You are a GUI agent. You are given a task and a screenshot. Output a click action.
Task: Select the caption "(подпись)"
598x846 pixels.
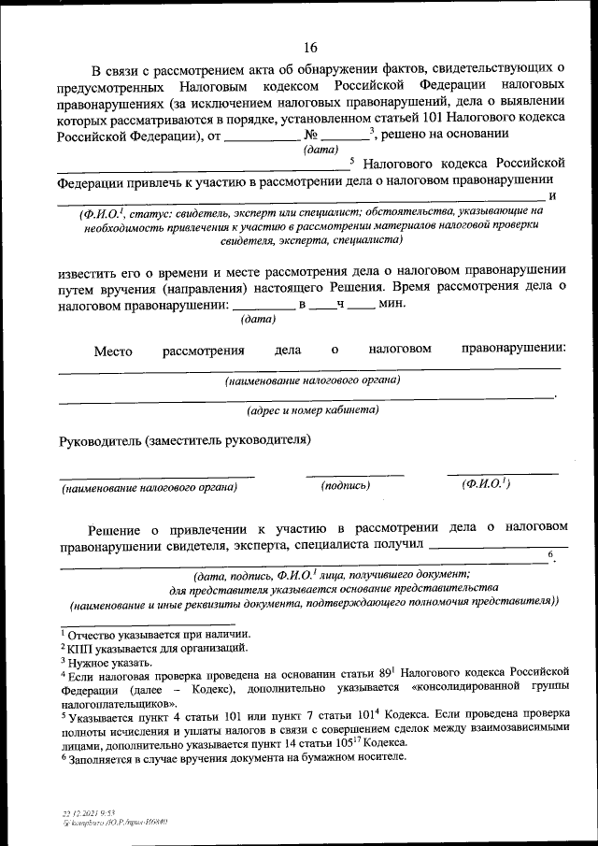[x=346, y=486]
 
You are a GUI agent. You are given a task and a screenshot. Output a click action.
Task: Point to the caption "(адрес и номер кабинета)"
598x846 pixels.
[x=312, y=409]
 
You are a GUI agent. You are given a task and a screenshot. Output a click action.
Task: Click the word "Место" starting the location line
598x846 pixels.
[x=112, y=351]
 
